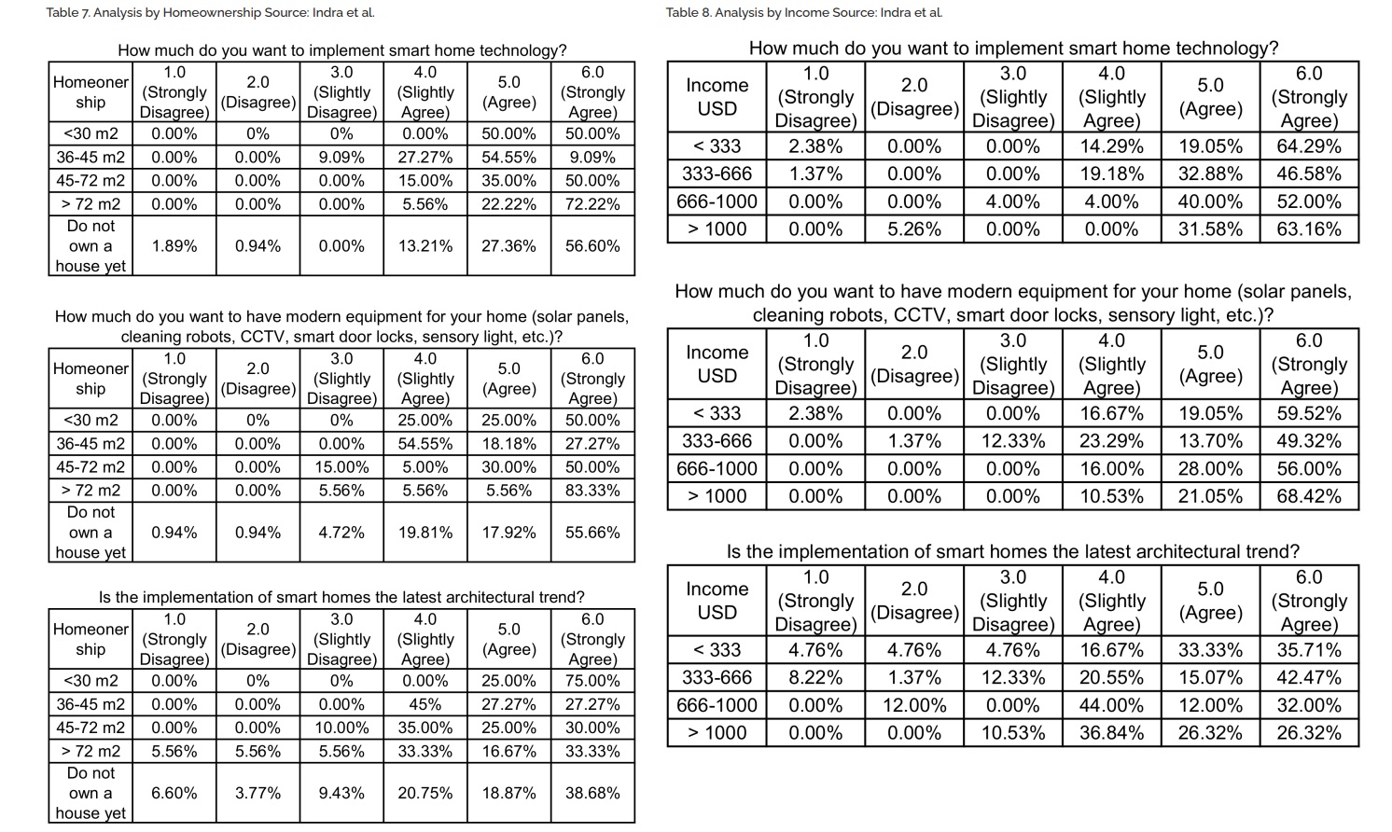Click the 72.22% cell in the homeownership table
[x=592, y=204]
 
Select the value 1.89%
[x=174, y=246]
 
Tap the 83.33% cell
[x=592, y=491]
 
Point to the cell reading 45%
[x=425, y=704]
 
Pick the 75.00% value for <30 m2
[x=592, y=681]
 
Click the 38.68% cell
[x=592, y=793]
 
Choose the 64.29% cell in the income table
[x=1309, y=146]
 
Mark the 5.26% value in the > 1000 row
[x=914, y=229]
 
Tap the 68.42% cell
[x=1309, y=496]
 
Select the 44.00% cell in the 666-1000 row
[x=1111, y=705]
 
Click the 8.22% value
[x=815, y=677]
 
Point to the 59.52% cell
[x=1309, y=413]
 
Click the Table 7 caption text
[x=210, y=12]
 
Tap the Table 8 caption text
[x=804, y=12]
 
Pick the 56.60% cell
[x=592, y=246]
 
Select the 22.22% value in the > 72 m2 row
[x=508, y=204]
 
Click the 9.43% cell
[x=341, y=793]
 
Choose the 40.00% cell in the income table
[x=1210, y=202]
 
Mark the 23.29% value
[x=1111, y=441]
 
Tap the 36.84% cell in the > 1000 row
[x=1111, y=733]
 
